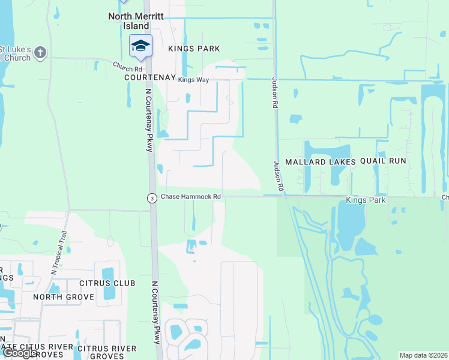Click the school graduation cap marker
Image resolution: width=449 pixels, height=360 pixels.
(140, 46)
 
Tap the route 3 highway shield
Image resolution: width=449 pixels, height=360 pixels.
(152, 198)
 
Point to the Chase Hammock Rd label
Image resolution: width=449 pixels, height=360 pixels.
(191, 197)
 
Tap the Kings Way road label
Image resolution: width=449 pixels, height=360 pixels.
(193, 80)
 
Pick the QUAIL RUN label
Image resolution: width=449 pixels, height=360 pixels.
(384, 161)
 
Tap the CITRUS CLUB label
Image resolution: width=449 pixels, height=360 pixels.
(107, 283)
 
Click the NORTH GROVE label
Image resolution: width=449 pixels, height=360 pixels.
(64, 297)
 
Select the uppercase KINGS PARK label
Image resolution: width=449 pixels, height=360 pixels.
(194, 48)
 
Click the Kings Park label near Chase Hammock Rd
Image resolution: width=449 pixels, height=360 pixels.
(364, 200)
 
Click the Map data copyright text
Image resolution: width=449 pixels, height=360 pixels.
(424, 355)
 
